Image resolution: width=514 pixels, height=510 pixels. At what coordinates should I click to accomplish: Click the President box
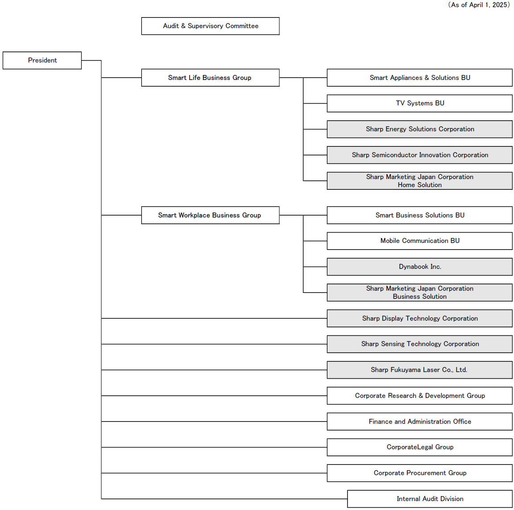42,60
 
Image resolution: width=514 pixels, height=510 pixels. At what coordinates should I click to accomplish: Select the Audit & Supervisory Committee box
211,26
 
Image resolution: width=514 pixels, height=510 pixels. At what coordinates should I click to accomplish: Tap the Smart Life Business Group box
211,78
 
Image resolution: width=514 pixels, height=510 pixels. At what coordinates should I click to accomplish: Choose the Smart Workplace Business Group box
211,215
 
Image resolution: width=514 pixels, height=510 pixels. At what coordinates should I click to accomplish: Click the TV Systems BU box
419,103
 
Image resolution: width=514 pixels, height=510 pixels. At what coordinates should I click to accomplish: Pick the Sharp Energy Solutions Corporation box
419,130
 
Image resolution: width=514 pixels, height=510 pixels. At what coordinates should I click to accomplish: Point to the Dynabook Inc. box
419,267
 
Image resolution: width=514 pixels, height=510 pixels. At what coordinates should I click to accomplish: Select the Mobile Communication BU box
419,241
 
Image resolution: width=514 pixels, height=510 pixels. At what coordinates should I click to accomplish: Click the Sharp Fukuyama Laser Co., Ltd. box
419,370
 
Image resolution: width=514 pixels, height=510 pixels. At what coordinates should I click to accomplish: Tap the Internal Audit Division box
430,499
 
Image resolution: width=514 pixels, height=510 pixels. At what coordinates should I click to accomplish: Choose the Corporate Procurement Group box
419,473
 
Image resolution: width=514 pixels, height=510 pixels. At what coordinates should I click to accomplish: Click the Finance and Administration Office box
419,422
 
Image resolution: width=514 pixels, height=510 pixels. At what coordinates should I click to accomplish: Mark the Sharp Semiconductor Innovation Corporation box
419,155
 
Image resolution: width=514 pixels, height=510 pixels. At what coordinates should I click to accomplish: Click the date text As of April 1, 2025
479,5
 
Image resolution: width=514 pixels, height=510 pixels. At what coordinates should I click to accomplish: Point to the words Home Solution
419,185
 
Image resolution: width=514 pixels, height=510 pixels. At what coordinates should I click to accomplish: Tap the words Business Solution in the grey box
419,297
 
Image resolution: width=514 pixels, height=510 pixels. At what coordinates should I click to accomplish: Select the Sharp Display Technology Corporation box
419,318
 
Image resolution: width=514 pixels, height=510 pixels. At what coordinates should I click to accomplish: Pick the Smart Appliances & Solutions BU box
419,78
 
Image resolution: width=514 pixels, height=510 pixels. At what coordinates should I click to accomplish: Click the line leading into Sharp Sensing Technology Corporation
214,344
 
